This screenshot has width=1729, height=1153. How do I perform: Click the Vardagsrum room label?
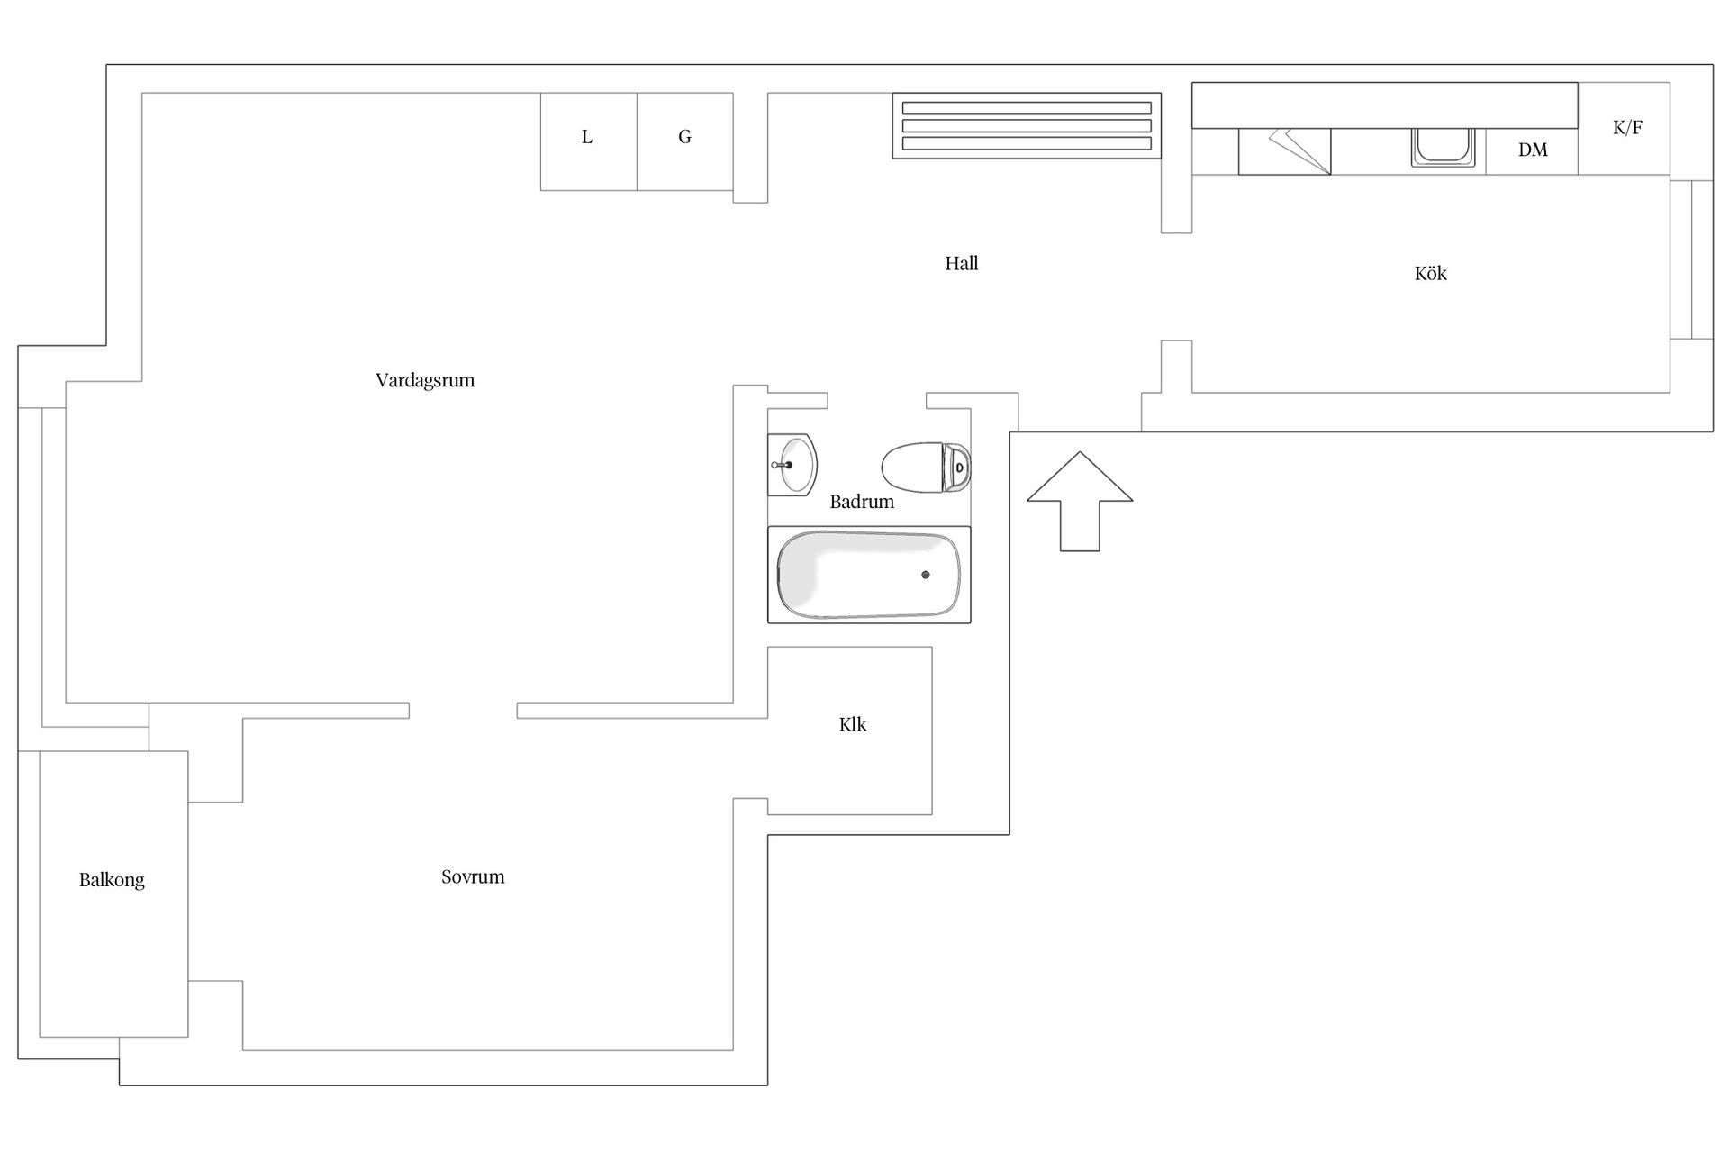[425, 380]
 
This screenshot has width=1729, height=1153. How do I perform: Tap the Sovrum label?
[473, 876]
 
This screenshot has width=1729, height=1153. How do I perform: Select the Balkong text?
[112, 880]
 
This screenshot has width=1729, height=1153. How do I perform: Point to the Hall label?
[962, 263]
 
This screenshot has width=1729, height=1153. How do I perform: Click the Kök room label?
[1431, 273]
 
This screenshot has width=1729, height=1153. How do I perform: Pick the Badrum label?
[862, 502]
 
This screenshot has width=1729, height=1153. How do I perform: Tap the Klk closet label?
[853, 724]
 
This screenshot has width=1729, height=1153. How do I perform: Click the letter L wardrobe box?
[588, 141]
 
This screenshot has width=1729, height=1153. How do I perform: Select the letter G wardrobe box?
[685, 141]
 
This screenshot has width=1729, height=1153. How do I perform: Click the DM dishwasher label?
[1533, 150]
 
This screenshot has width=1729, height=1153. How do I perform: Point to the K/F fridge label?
[1628, 127]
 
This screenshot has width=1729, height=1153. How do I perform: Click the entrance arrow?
[1080, 501]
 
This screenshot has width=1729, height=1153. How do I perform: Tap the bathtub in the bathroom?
[869, 575]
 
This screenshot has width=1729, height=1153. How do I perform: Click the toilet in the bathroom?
[926, 468]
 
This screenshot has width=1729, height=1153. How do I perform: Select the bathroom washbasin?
[792, 465]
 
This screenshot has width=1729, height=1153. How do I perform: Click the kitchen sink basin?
[1444, 148]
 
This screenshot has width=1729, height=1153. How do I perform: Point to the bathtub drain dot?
[926, 575]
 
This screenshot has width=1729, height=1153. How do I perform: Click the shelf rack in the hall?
[1027, 125]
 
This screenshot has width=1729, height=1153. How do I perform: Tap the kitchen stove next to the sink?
[1285, 151]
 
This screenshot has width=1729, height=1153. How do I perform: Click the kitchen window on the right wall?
[1692, 259]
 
